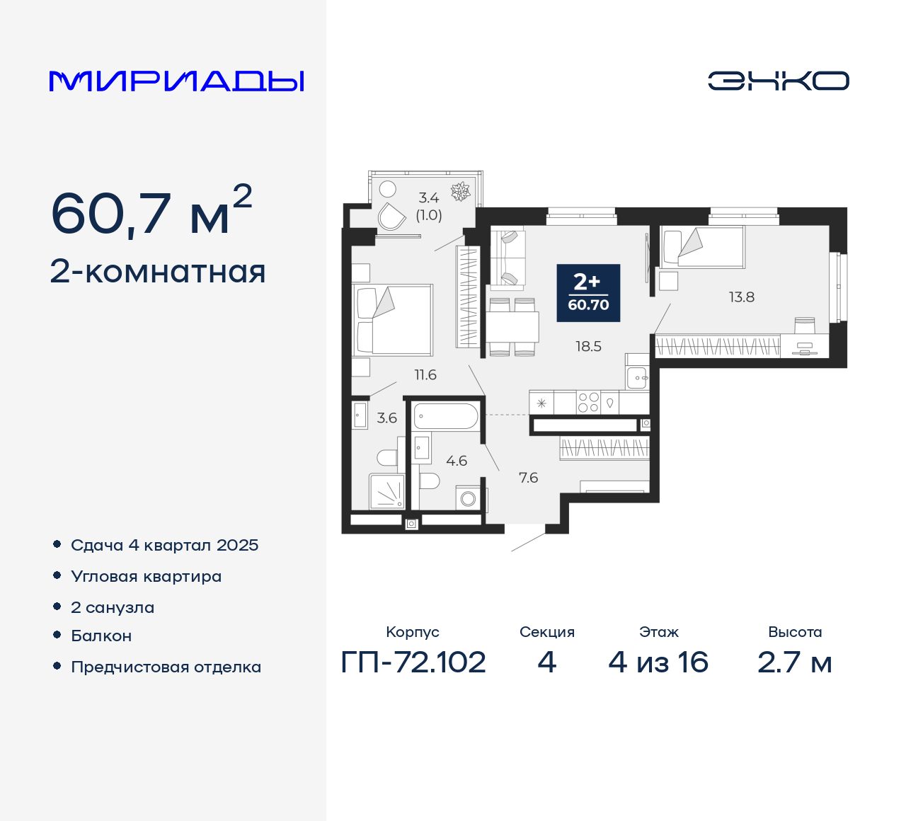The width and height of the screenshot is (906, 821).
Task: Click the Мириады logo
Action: pos(177,81)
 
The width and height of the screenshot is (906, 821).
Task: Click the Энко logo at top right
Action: pos(778,81)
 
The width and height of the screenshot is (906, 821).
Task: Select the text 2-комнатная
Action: pos(158,272)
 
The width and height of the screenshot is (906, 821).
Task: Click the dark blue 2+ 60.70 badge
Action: pos(588,293)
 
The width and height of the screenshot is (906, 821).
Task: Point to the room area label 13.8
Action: pos(742,297)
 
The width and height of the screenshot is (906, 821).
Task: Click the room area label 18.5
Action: pos(588,346)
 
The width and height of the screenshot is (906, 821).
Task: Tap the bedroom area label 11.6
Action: pos(425,375)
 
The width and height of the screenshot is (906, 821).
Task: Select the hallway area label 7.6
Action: pos(528,478)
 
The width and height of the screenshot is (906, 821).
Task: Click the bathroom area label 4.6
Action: pos(457,461)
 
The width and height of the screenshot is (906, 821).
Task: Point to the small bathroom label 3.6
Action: pos(387,418)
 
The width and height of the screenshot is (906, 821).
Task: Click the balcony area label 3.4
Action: pos(429,198)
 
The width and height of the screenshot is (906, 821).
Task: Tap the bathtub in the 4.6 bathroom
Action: pos(446,416)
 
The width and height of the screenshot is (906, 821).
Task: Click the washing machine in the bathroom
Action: pos(468,498)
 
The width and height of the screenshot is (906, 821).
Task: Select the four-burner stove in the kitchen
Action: pos(588,402)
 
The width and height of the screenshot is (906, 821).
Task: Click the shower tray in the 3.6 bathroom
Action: pos(387,491)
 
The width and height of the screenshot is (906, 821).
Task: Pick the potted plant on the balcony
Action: pos(461,191)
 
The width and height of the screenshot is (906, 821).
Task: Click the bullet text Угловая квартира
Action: pos(146,576)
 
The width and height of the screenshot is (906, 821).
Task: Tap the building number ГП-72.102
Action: pos(413,662)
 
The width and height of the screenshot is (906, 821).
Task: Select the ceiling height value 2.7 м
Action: pos(794,662)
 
